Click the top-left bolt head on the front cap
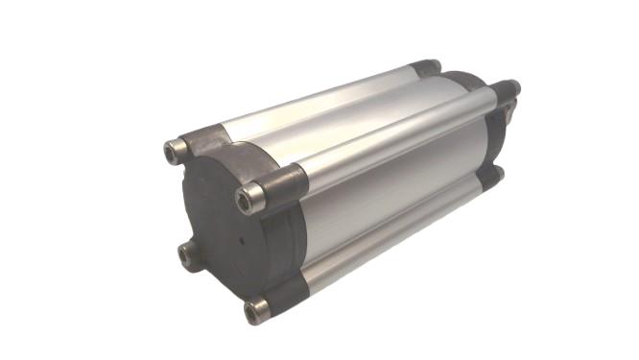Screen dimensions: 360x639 175,149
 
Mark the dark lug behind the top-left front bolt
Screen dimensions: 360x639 207,141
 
